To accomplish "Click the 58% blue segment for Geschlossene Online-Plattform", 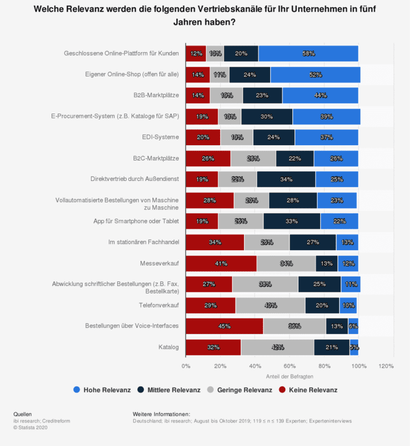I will click(x=308, y=53).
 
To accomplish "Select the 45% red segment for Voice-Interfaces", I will click(x=224, y=326).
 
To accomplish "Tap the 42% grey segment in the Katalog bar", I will click(x=278, y=347).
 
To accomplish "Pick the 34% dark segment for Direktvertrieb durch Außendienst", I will click(x=286, y=179).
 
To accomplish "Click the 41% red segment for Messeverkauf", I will click(x=221, y=263).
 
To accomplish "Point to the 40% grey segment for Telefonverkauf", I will click(x=270, y=305).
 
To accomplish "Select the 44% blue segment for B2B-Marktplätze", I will click(x=320, y=95).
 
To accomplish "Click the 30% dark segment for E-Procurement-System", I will click(x=267, y=116).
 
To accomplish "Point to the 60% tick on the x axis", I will click(x=290, y=366).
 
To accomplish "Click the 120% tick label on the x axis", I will click(x=386, y=366).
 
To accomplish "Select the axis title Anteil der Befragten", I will click(x=289, y=376).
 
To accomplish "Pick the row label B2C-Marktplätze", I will click(x=157, y=158).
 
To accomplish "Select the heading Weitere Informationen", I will click(x=161, y=414).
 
